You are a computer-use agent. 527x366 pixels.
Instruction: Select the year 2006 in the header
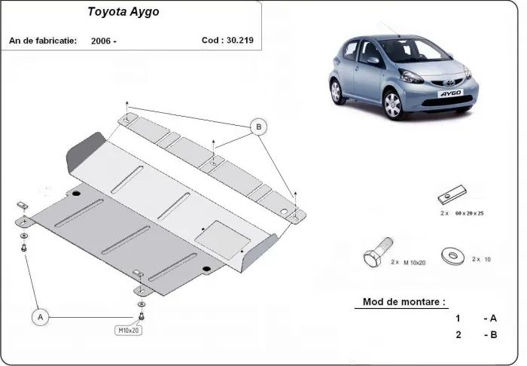(x=103, y=41)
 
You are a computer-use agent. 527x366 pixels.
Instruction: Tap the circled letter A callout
(x=41, y=318)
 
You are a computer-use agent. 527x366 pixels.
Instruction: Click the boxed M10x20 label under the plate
(x=127, y=330)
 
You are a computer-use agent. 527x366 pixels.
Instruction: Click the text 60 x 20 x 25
(x=463, y=213)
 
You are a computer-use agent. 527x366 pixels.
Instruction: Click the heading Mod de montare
(x=404, y=301)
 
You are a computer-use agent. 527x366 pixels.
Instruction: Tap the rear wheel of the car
(x=336, y=91)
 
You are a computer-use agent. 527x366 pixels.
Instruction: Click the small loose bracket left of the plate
(x=22, y=204)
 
